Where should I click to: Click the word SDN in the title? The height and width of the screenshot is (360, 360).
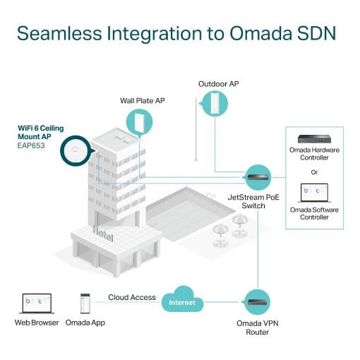316,33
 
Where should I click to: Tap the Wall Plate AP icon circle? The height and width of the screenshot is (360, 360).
139,122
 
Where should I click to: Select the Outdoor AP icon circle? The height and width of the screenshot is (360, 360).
215,104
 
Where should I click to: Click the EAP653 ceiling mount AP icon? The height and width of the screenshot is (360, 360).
76,150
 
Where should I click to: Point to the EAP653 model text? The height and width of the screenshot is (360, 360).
31,145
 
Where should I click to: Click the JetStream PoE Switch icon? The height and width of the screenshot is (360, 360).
258,177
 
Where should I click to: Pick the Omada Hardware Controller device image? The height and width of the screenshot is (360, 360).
314,139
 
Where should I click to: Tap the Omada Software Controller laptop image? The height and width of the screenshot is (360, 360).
314,193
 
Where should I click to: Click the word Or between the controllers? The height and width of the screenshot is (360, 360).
314,172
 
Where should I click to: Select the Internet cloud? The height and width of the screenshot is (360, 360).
182,300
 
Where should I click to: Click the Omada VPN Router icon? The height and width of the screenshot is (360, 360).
258,302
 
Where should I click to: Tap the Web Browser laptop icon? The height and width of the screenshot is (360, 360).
37,304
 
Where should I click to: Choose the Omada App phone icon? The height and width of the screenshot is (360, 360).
85,304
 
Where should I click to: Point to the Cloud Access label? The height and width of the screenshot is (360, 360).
132,297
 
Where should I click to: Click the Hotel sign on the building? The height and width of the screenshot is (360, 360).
103,234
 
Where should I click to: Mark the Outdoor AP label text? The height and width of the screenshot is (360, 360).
219,84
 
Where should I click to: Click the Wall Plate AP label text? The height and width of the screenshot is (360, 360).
143,101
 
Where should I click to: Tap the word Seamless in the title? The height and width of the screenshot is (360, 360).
59,33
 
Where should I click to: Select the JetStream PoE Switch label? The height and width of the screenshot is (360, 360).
253,201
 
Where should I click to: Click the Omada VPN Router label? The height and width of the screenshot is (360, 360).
258,328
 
